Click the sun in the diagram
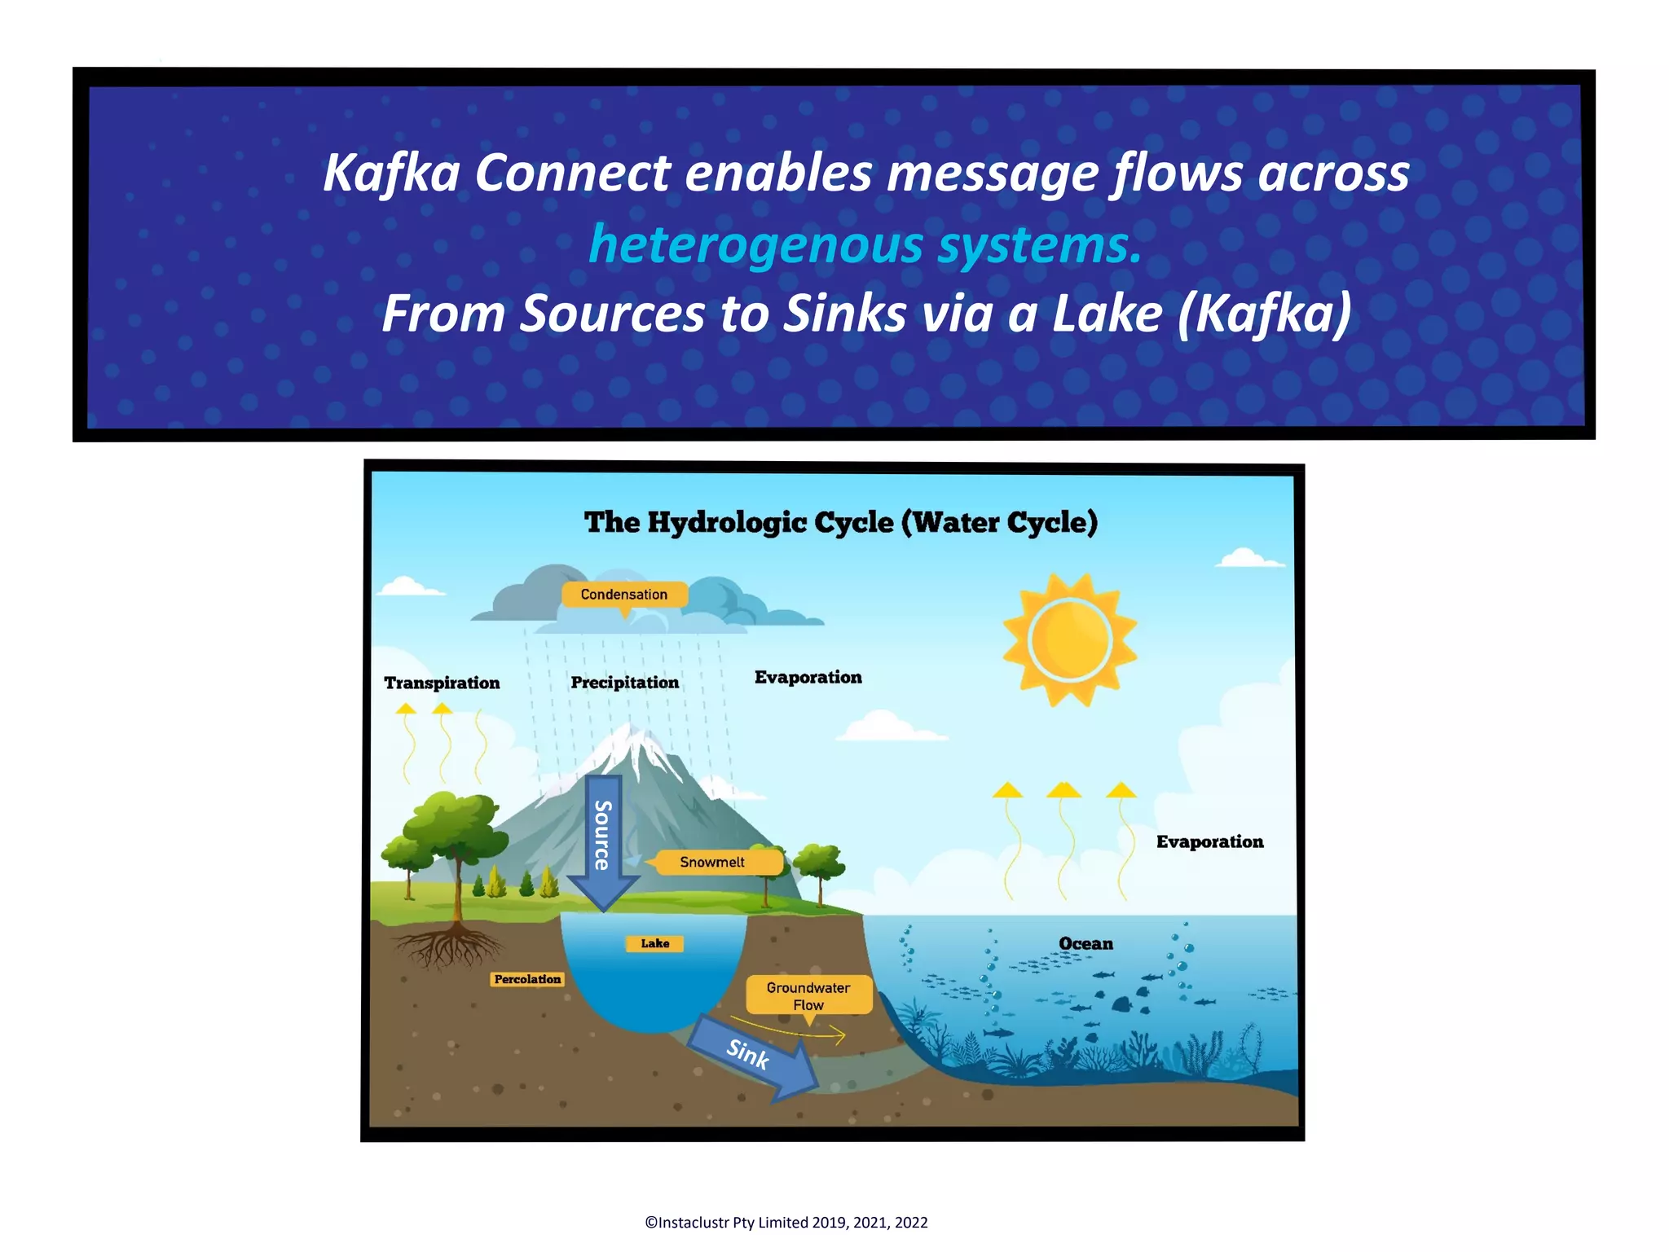[x=1070, y=639]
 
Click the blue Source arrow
[x=603, y=839]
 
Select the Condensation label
[x=623, y=595]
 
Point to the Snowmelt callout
[x=713, y=862]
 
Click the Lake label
[x=654, y=943]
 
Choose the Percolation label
[x=527, y=979]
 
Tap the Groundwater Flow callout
[x=808, y=995]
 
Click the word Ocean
[x=1086, y=943]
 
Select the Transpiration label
[x=442, y=683]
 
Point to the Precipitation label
[x=624, y=682]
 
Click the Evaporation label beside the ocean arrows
[x=1209, y=841]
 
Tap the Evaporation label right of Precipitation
[x=808, y=677]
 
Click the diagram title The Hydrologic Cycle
[x=840, y=522]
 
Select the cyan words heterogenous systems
[x=865, y=244]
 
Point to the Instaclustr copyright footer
[x=786, y=1222]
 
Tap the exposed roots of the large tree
[x=448, y=947]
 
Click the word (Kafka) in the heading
[x=1264, y=314]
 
